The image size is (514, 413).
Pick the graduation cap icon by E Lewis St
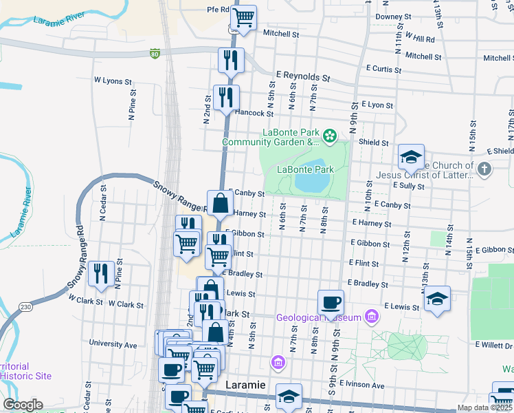pyautogui.click(x=437, y=299)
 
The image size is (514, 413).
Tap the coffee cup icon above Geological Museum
pyautogui.click(x=331, y=301)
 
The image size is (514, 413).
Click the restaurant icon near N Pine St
pyautogui.click(x=101, y=274)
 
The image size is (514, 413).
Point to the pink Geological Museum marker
pyautogui.click(x=372, y=317)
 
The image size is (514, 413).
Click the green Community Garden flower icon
pyautogui.click(x=330, y=136)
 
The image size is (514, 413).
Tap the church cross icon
pyautogui.click(x=484, y=169)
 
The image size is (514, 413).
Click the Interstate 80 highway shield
pyautogui.click(x=156, y=53)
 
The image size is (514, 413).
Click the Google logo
pyautogui.click(x=23, y=405)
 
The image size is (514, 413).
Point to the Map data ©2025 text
pyautogui.click(x=484, y=407)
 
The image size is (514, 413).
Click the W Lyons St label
pyautogui.click(x=113, y=81)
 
